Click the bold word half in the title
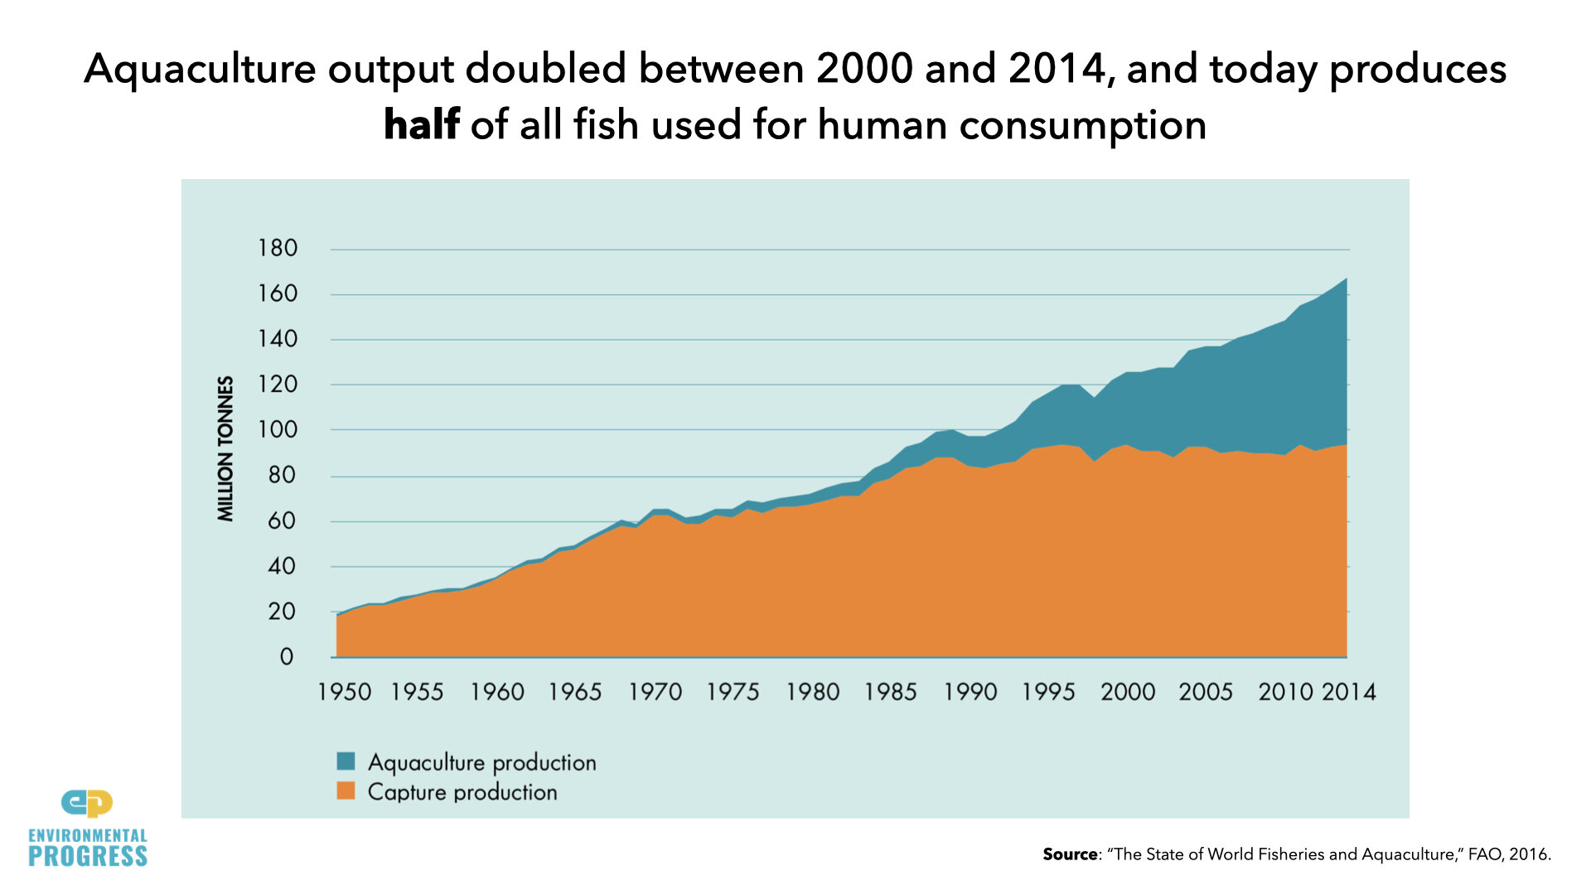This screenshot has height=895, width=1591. pos(421,125)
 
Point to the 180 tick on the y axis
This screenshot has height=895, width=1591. pos(278,249)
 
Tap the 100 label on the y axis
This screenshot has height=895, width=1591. pos(278,430)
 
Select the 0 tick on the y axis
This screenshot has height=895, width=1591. pos(287,657)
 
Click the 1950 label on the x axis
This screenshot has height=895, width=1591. pos(344,692)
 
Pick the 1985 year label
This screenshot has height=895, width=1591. pos(891,692)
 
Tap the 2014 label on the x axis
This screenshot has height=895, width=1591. pos(1348,692)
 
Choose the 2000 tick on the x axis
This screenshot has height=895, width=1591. pos(1127,692)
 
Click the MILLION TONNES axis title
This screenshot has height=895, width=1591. pos(225,448)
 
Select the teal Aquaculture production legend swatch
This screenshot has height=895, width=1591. pos(346,761)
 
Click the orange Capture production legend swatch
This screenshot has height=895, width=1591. pos(346,791)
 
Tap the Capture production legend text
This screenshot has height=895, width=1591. pos(462,792)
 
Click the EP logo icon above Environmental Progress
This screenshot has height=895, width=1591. pos(87,803)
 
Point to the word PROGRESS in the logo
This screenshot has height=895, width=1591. pos(88,857)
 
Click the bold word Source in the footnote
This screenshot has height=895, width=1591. pos(1070,854)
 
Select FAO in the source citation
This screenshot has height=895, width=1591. pos(1484,854)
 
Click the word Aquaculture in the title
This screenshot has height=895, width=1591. pos(200,69)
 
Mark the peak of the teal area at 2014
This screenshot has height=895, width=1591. pos(1346,279)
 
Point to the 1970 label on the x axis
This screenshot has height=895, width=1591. pos(655,692)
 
